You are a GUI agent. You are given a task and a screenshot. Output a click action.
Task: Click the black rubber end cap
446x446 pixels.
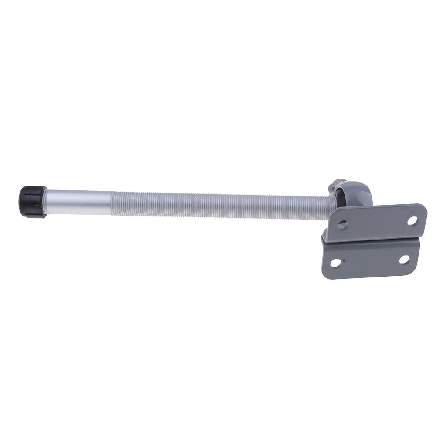(33, 202)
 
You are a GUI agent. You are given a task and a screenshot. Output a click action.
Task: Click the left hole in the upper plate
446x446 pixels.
(343, 225)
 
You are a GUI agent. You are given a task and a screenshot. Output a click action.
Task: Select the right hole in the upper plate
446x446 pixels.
(412, 220)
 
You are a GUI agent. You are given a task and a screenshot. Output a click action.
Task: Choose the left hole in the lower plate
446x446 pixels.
(335, 263)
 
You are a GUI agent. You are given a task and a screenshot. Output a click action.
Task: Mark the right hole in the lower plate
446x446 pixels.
(404, 260)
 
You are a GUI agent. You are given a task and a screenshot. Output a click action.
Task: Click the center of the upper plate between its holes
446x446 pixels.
(377, 223)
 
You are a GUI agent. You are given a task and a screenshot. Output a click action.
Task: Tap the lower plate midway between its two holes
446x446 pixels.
(370, 261)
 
